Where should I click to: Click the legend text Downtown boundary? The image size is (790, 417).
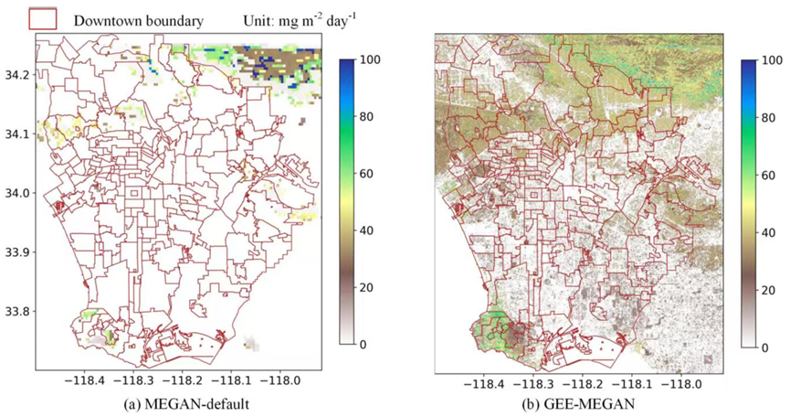(x=138, y=20)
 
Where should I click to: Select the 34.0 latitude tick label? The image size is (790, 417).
(x=18, y=193)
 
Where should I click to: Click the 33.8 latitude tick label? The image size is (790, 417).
(x=18, y=312)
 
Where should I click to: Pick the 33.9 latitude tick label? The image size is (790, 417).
(x=18, y=252)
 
